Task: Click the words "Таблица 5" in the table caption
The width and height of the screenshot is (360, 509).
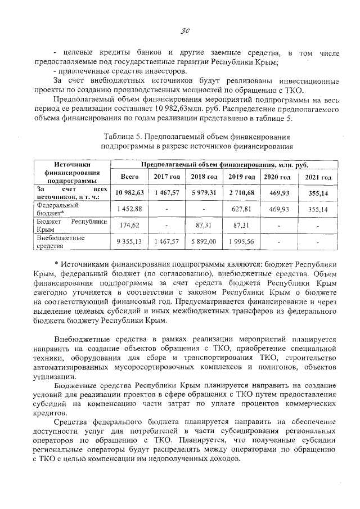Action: [123, 137]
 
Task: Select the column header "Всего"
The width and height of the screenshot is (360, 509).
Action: [130, 177]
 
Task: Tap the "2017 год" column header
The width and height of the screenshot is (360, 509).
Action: [167, 177]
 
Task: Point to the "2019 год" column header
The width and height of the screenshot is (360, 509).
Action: [242, 177]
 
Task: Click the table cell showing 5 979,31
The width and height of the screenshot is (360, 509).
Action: [204, 193]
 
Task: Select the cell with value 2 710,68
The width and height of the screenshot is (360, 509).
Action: [242, 193]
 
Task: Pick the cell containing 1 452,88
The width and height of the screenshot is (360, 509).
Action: [130, 209]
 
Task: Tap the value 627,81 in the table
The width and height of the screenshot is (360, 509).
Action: [242, 209]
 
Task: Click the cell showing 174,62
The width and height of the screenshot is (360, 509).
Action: [130, 225]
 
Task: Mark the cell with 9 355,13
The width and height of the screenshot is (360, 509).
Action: [130, 241]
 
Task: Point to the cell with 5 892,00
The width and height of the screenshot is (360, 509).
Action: [204, 241]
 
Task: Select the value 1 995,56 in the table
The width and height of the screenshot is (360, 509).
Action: [242, 241]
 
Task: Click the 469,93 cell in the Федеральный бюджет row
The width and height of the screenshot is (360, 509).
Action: [279, 209]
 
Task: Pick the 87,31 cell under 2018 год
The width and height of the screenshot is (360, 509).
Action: [204, 225]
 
